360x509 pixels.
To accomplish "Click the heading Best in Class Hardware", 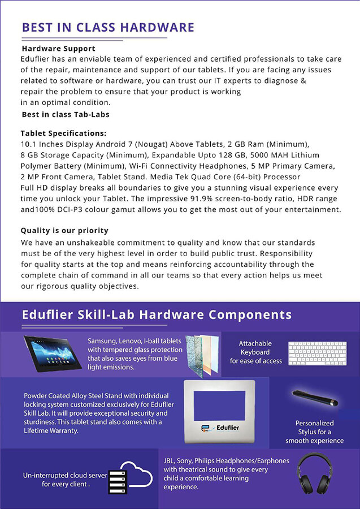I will [x=107, y=27].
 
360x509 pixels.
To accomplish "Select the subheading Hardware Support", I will [x=59, y=49].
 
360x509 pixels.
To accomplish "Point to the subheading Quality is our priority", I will [x=64, y=231].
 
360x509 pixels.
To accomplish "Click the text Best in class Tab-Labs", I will [x=65, y=114].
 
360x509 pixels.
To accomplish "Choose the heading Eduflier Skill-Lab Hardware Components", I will [x=157, y=314].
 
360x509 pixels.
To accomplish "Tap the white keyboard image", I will [x=317, y=353].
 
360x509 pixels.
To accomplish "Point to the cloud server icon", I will [x=131, y=476].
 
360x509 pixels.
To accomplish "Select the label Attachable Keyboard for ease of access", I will [x=255, y=352].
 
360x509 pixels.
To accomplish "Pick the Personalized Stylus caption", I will [x=314, y=432].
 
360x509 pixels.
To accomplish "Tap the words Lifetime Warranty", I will [x=49, y=431].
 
